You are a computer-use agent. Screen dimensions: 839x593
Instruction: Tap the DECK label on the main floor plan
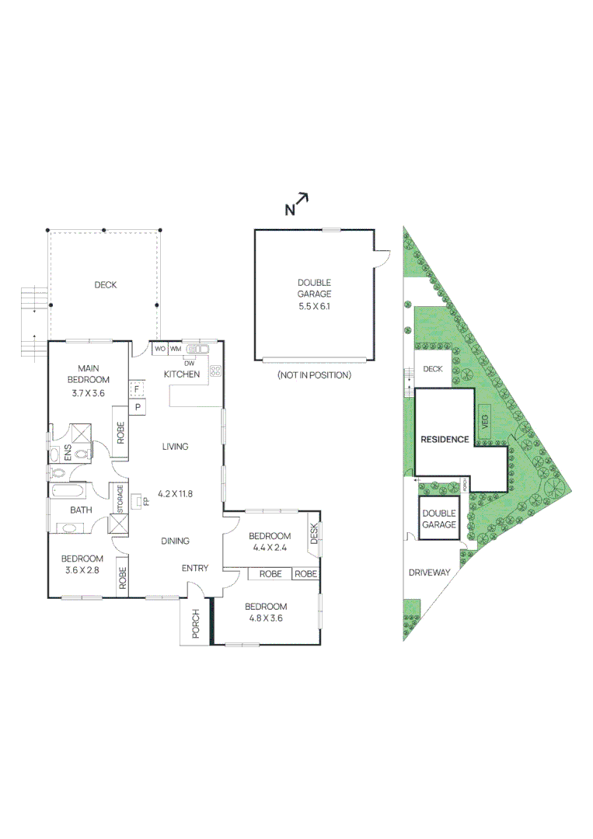tap(105, 285)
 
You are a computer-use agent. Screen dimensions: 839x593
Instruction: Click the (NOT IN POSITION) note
tap(314, 375)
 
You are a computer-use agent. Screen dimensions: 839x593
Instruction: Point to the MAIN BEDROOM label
tap(92, 374)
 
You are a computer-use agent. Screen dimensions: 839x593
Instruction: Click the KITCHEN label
tap(182, 374)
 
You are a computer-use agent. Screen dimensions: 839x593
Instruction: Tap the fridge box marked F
tap(137, 389)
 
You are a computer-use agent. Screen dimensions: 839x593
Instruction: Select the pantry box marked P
tap(137, 406)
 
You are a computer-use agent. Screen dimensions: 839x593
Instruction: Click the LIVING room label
tap(175, 447)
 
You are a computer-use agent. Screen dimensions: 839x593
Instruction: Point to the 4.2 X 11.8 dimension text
tap(174, 493)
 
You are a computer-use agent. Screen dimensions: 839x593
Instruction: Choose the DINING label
tap(175, 541)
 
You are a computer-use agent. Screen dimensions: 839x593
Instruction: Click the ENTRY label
tap(194, 568)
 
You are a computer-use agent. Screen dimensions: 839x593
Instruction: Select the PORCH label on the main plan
tap(195, 624)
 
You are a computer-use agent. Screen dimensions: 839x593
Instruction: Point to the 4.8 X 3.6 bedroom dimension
tap(266, 619)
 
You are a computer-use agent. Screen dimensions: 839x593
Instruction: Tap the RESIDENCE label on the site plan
tap(445, 440)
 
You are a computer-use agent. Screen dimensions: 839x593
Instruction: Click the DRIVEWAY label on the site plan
tap(430, 573)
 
